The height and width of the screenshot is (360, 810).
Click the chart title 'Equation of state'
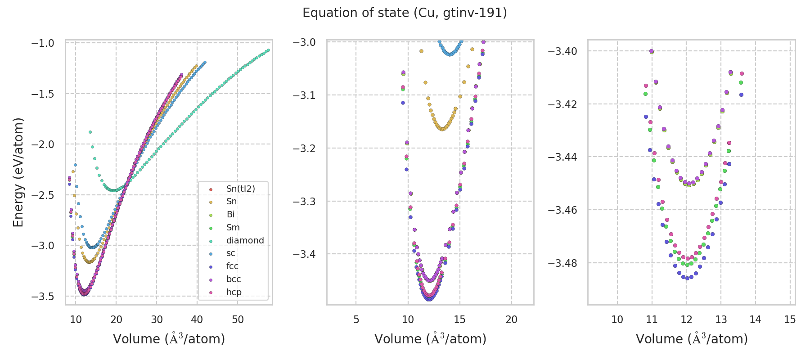click(405, 13)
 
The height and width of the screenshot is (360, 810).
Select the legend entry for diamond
click(245, 240)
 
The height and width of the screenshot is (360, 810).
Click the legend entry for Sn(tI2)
click(240, 189)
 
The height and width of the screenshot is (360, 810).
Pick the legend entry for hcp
click(234, 292)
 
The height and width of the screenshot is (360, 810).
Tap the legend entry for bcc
click(234, 279)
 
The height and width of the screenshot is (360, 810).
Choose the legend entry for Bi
click(230, 214)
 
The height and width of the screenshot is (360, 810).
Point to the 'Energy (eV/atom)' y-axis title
click(18, 172)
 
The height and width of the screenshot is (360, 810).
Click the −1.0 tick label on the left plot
click(43, 43)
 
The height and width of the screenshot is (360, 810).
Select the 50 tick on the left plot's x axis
click(238, 319)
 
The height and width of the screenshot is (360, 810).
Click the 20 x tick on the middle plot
click(512, 319)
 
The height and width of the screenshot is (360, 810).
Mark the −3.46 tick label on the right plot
click(562, 210)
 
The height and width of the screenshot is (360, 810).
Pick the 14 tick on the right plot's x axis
click(756, 319)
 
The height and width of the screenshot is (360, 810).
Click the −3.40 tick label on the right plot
click(562, 51)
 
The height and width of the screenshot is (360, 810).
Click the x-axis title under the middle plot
click(430, 339)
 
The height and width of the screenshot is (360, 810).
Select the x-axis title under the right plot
click(692, 339)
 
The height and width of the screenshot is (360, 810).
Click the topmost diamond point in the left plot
click(90, 132)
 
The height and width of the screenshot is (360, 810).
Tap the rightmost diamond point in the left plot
click(268, 50)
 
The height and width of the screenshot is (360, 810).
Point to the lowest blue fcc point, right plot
click(687, 278)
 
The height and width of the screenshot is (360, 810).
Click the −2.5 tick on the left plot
click(43, 195)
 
